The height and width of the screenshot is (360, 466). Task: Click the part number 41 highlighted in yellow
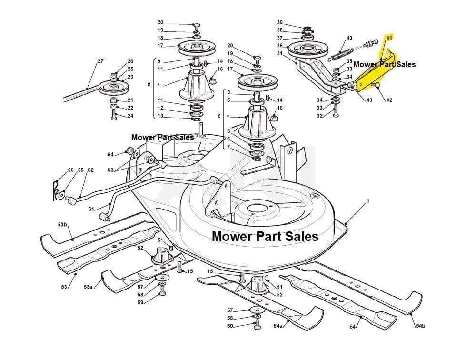[x=389, y=37]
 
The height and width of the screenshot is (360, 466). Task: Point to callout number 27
[x=100, y=61]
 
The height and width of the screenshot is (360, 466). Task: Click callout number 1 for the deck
[x=367, y=201]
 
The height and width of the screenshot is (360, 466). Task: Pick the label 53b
[x=63, y=224]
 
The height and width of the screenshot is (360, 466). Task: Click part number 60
[x=230, y=326]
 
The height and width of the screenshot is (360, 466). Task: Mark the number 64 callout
[x=110, y=154]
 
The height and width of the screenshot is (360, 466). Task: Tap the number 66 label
[x=71, y=170]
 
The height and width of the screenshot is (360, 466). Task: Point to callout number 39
[x=280, y=22]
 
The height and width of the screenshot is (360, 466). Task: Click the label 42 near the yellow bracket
[x=389, y=100]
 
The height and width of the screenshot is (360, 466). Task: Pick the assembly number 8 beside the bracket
[x=149, y=85]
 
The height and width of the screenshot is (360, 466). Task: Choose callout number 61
[x=91, y=209]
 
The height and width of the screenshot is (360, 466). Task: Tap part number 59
[x=140, y=302]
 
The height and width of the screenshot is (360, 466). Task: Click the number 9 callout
[x=159, y=61]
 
